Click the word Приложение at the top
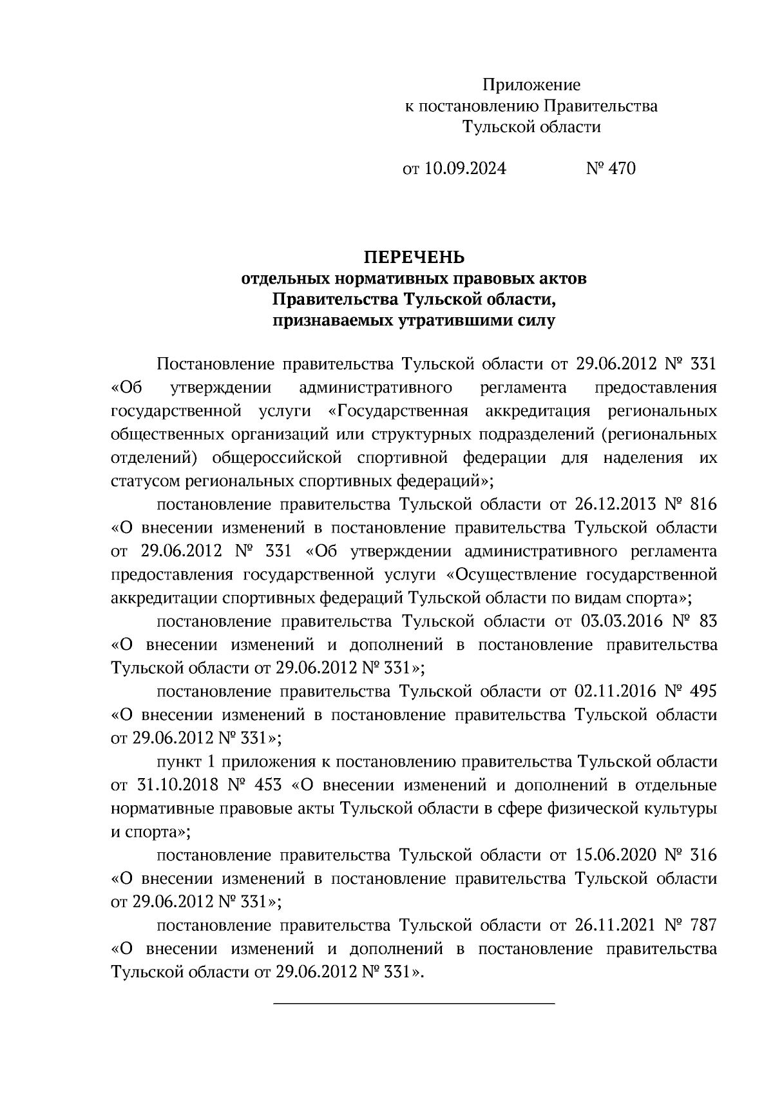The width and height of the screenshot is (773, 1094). click(x=531, y=84)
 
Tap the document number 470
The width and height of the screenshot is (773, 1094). click(x=621, y=169)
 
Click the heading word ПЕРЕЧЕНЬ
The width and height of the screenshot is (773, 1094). click(x=414, y=258)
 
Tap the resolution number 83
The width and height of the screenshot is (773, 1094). click(x=707, y=621)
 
